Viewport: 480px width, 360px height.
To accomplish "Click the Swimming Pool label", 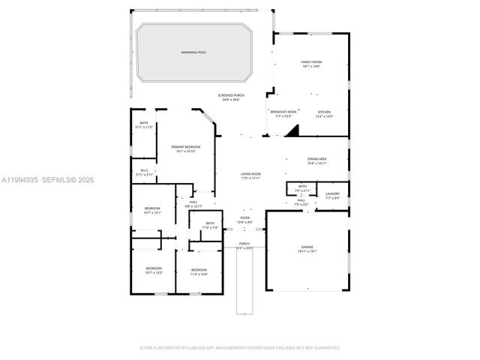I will (193, 52).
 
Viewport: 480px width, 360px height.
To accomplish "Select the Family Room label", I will (311, 64).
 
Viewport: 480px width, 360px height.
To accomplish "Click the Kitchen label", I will (324, 113).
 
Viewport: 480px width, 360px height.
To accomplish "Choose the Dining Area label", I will (317, 160).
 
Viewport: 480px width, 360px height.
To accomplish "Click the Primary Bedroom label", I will (185, 148).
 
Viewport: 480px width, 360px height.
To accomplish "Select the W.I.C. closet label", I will (145, 172).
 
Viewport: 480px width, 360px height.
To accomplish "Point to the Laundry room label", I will (332, 196).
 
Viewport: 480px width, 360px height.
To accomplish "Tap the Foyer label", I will (245, 220).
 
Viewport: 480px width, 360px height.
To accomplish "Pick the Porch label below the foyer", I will (244, 245).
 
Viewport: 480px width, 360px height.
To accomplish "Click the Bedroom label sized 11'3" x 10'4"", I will (199, 271).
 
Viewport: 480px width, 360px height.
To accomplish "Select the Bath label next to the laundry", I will (302, 187).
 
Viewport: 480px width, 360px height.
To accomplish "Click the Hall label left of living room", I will (193, 203).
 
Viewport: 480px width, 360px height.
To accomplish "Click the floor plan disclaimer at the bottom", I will (240, 348).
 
